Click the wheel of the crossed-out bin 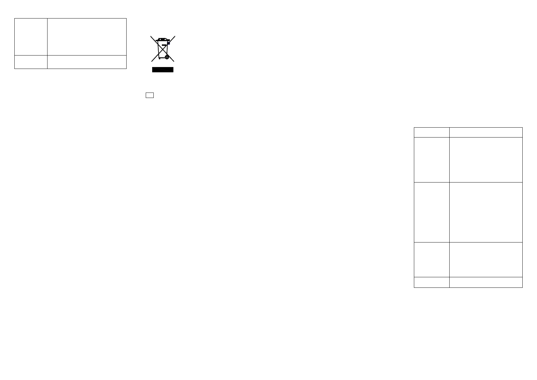tap(166, 57)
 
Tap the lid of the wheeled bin tap(163, 40)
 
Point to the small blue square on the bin tap(169, 43)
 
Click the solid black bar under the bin tap(163, 70)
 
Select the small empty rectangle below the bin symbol tap(150, 95)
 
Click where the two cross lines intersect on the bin tap(163, 48)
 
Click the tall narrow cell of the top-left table tap(31, 37)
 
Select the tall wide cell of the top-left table tap(87, 37)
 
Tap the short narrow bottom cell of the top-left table tap(31, 62)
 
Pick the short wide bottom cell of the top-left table tap(87, 62)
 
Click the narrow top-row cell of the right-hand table tap(431, 132)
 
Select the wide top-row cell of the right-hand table tap(486, 132)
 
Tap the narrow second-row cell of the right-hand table tap(431, 160)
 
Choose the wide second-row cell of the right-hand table tap(486, 160)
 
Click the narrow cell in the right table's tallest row tap(431, 212)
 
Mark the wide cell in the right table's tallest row tap(486, 212)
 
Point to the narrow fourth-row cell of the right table tap(431, 259)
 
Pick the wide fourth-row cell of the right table tap(486, 259)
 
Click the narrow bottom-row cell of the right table tap(431, 282)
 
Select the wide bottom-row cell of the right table tap(486, 282)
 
